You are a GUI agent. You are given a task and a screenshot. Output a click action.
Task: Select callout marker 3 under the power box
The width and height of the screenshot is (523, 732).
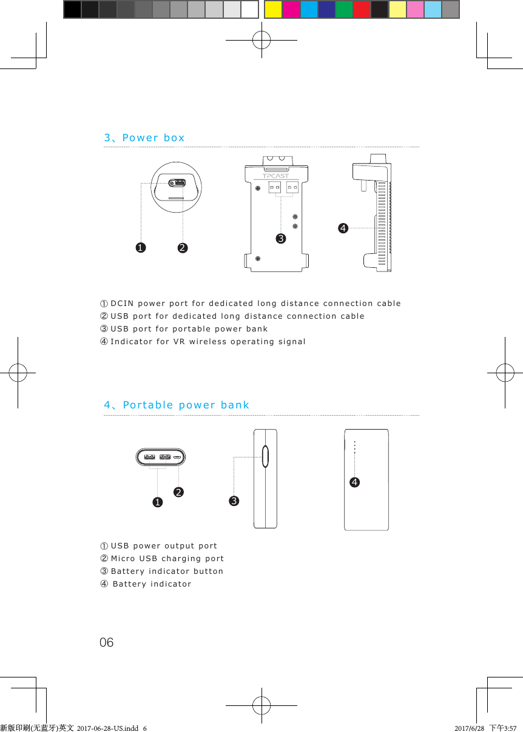(280, 239)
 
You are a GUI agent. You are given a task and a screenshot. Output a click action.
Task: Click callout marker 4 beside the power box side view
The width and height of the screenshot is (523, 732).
(343, 228)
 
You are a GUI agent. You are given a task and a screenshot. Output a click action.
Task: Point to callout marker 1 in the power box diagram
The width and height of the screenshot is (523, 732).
(141, 247)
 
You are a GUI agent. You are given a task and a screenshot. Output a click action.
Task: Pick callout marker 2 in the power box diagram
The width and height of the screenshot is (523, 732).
(183, 247)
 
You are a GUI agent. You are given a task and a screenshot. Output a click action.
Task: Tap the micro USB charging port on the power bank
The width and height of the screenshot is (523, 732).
(177, 457)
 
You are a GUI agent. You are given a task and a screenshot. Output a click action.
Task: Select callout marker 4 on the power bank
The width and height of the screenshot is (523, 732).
(354, 482)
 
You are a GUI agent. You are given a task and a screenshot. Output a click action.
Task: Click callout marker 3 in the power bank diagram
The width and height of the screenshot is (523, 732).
(234, 501)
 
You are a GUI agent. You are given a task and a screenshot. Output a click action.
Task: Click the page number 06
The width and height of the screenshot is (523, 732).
(106, 642)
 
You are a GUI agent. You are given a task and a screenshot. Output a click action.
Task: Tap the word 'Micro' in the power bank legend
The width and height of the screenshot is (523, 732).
(123, 558)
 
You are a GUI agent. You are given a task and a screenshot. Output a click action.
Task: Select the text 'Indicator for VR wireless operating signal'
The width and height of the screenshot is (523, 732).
(208, 342)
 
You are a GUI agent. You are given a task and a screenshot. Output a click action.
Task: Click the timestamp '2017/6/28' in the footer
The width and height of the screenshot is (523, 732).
(469, 727)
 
